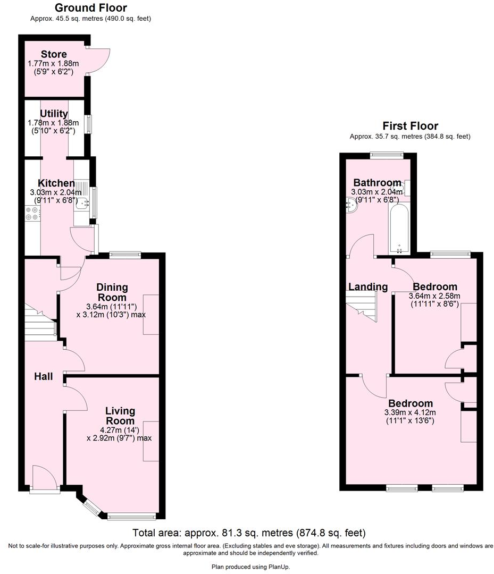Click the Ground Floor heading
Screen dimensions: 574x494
[x=91, y=8]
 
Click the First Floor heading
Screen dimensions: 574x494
[x=410, y=126]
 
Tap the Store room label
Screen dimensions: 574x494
[x=54, y=54]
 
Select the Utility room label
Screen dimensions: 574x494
[x=54, y=114]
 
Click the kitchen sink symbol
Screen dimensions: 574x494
[x=82, y=202]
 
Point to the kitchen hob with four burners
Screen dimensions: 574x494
[x=32, y=213]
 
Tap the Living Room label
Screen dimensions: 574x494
[x=120, y=416]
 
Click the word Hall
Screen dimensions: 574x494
[x=43, y=376]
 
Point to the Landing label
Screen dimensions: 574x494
[x=367, y=287]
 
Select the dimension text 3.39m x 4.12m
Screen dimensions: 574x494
[x=411, y=413]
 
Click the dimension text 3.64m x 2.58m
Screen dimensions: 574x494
[x=434, y=296]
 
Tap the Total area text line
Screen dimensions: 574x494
[x=249, y=533]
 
